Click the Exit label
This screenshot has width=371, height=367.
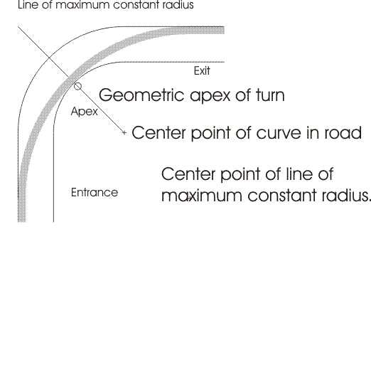point(202,71)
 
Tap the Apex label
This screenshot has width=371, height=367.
point(85,112)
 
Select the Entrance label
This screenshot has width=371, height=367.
point(95,192)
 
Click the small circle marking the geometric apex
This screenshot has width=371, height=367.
point(77,86)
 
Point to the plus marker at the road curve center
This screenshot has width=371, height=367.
point(124,133)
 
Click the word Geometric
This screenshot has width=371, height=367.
point(141,95)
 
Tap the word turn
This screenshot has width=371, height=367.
point(270,95)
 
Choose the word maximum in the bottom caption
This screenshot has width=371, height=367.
point(202,196)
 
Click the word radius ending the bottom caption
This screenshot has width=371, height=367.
point(345,195)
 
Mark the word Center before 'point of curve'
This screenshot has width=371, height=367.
point(158,132)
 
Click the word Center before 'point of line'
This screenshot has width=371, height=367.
point(188,174)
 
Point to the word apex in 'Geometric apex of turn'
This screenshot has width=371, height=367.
point(210,97)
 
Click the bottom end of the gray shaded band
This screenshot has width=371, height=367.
point(21,221)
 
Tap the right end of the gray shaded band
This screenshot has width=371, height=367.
point(224,31)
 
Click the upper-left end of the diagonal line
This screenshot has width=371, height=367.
point(18,27)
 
